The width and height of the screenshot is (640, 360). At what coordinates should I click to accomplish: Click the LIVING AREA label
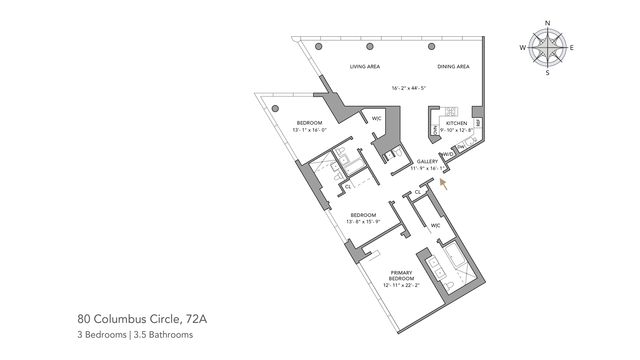365,67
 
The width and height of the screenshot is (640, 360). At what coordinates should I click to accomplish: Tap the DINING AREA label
453,67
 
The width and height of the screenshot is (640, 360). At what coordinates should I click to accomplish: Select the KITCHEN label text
456,123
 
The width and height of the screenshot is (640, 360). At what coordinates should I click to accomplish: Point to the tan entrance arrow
443,184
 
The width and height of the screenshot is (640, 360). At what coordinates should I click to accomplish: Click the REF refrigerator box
478,123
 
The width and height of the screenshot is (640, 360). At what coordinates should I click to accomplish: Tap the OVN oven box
435,130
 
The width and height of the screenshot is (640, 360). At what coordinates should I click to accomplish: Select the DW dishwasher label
461,147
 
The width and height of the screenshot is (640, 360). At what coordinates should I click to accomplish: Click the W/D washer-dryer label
448,154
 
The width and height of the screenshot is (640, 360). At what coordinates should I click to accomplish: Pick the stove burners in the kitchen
451,111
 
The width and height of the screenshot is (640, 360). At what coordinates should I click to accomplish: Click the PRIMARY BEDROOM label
401,276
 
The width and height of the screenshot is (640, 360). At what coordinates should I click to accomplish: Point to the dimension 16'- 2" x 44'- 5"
409,88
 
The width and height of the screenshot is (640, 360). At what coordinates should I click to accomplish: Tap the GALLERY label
427,162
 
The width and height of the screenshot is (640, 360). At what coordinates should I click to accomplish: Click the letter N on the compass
547,23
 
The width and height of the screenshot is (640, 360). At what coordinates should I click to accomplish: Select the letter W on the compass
522,48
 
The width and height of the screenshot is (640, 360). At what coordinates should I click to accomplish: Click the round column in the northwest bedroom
275,108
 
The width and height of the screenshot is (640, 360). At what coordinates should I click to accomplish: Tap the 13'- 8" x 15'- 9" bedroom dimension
363,222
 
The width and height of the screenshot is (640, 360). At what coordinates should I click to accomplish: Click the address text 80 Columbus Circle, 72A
142,319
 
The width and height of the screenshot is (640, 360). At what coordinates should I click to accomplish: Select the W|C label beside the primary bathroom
435,226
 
